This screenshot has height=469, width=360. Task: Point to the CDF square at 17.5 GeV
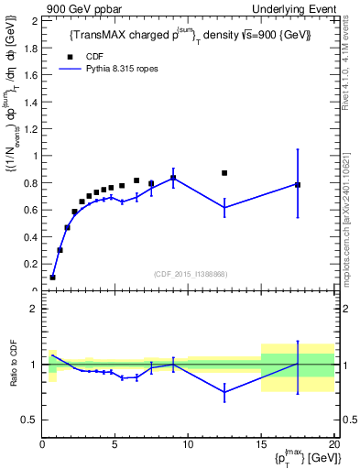point(298,184)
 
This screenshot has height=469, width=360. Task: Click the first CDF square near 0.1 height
point(53,277)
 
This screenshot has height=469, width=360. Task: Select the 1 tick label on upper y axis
point(36,156)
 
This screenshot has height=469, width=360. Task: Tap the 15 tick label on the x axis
point(260,445)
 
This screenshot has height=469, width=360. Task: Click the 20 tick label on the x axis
point(333,445)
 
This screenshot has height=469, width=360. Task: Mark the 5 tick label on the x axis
point(115,445)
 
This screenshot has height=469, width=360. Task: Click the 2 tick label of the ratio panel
point(34,309)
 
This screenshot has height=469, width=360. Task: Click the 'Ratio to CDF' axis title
point(13,378)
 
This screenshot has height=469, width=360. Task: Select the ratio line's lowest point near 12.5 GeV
point(224,392)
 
